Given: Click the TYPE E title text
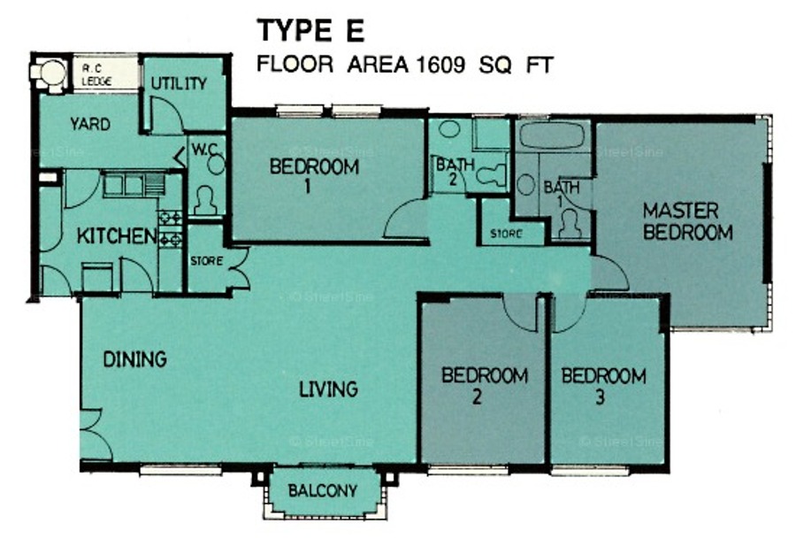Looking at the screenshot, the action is coord(310,30).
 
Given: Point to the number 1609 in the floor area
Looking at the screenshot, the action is coord(440,65).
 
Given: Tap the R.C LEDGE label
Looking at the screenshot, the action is coord(96,74).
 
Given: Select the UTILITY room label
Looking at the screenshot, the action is coord(179,83).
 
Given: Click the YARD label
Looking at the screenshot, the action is coord(90,124).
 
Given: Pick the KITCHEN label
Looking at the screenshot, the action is coord(117,235).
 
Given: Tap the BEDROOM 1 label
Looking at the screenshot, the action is coord(314,175).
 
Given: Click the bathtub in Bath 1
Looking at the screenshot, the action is coord(552,135).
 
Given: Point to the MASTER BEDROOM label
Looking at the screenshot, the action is coord(687,221).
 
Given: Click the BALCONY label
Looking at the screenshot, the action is coord(322,490).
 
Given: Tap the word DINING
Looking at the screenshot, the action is coord(134,359).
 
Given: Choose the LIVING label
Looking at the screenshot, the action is coord(328,389).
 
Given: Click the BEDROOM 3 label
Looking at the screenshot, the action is coord(603,386).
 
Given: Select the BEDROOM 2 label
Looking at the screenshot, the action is coord(485,385).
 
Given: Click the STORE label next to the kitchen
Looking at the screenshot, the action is coord(207,261).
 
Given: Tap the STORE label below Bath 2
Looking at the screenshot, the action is coord(506,234).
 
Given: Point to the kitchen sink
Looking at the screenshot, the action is coord(134,184).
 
